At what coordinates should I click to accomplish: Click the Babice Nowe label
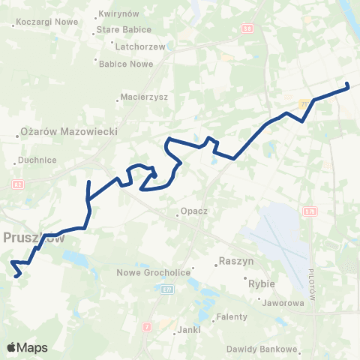point(126,63)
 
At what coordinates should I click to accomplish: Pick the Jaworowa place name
point(283,303)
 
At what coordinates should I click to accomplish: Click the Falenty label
point(232,316)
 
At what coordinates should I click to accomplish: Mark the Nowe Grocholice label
point(151,272)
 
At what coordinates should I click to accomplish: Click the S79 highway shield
point(310,212)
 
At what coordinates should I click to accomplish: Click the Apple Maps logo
point(27,347)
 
